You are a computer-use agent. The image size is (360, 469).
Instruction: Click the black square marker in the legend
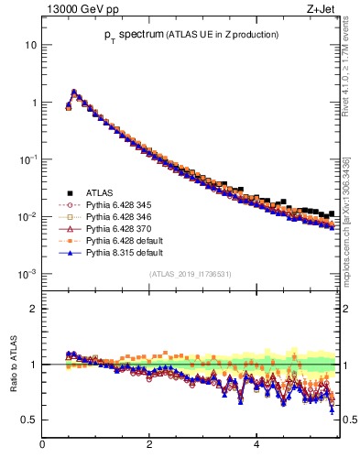click(x=69, y=192)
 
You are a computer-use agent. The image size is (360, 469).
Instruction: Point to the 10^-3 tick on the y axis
click(x=28, y=274)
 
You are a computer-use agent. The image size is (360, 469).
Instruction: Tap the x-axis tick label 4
click(x=256, y=446)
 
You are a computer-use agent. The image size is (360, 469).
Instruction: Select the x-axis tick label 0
click(x=42, y=446)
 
